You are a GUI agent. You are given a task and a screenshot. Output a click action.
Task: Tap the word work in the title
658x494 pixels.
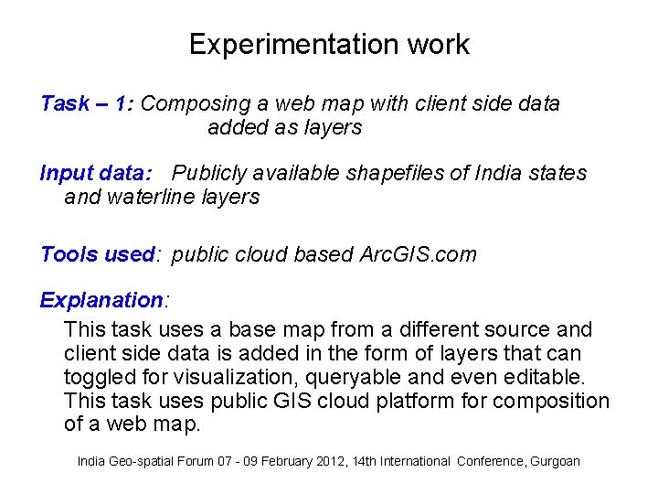tap(438, 45)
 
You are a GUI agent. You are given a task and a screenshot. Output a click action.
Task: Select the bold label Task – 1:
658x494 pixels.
tap(88, 103)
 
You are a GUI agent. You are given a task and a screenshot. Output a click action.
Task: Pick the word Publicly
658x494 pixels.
tap(210, 173)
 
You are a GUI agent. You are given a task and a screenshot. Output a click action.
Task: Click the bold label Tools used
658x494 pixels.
tap(97, 254)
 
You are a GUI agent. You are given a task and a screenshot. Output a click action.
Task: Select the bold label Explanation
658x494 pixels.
tap(101, 300)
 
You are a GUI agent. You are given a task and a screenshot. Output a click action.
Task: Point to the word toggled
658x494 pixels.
tap(97, 377)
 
